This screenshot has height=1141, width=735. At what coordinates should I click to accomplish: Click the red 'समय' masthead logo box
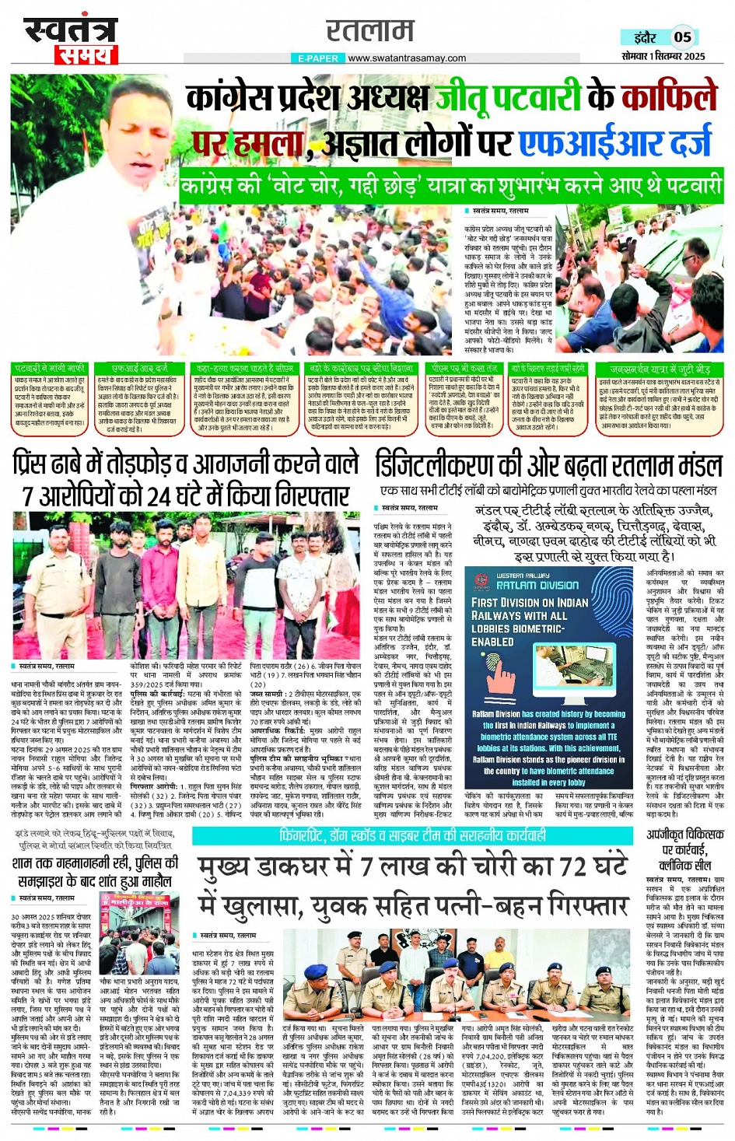point(86,54)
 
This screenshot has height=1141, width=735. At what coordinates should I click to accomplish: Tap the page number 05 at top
point(682,37)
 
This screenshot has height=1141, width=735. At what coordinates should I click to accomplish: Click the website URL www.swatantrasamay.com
point(407,58)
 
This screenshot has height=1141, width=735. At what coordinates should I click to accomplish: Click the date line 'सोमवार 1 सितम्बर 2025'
point(663,56)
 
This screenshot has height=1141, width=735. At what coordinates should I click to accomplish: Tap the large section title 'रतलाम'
point(369,31)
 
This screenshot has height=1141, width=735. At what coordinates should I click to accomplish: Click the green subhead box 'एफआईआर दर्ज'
point(139,368)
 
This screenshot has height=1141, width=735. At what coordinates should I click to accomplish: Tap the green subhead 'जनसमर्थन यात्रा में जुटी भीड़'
point(660,369)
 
